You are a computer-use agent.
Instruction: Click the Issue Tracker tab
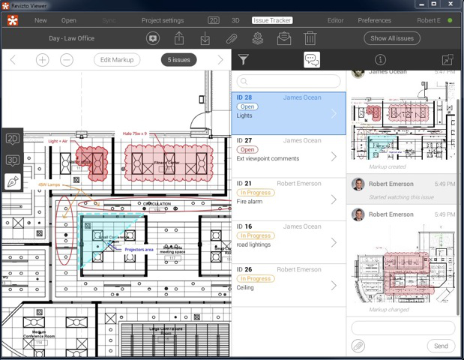click(x=272, y=20)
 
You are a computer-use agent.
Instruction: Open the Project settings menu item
click(x=163, y=20)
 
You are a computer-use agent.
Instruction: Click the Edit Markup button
click(x=117, y=60)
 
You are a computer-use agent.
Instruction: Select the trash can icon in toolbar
click(x=310, y=38)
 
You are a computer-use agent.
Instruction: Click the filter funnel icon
click(x=244, y=60)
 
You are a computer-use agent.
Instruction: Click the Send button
click(x=441, y=346)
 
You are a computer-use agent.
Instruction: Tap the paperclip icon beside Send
click(x=358, y=346)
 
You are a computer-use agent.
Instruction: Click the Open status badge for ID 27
click(x=247, y=150)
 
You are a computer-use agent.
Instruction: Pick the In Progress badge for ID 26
click(x=255, y=279)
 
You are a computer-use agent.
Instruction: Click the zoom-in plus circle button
click(x=42, y=60)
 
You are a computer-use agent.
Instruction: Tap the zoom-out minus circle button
click(x=66, y=60)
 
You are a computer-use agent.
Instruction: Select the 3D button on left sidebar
click(x=12, y=160)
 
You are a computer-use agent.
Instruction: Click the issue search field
click(x=289, y=81)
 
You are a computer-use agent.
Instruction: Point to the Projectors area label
click(x=139, y=249)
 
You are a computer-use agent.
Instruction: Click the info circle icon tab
click(x=380, y=60)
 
